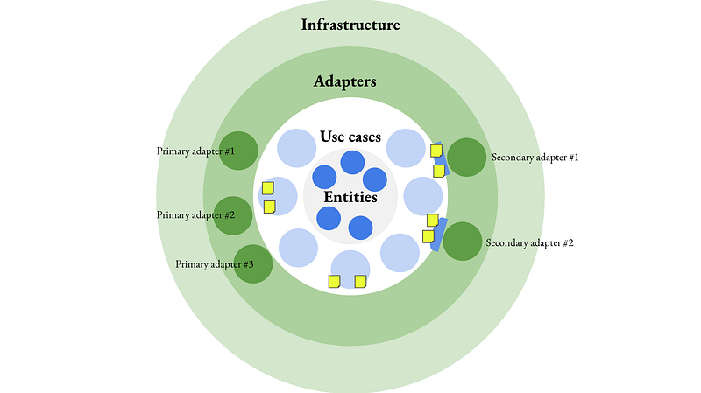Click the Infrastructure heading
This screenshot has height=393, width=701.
pos(350,25)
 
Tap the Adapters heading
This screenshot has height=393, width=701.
pos(344,81)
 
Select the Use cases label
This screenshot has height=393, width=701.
pos(350,137)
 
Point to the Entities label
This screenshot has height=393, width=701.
pos(350,197)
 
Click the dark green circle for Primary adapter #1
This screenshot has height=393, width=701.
pos(238,151)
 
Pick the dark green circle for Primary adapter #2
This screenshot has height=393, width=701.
pos(233,215)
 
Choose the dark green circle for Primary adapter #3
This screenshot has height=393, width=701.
pos(253,264)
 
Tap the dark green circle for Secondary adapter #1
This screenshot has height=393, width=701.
pos(467,158)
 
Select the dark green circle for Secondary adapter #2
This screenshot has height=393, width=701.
pos(463,242)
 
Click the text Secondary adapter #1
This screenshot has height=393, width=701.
pos(535,158)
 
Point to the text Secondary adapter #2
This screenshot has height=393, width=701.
pos(530,243)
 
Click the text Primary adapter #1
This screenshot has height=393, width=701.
pos(195,151)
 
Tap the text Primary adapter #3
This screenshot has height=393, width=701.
pos(215,264)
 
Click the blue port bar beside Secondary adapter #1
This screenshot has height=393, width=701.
pos(440,159)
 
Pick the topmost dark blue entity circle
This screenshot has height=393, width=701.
pos(352,162)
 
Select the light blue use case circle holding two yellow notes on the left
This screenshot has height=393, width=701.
pos(278,196)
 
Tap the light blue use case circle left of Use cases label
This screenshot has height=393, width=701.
pos(296,148)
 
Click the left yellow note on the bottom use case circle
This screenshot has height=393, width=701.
pos(335,281)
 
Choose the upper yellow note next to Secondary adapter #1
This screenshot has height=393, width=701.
pos(436,151)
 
